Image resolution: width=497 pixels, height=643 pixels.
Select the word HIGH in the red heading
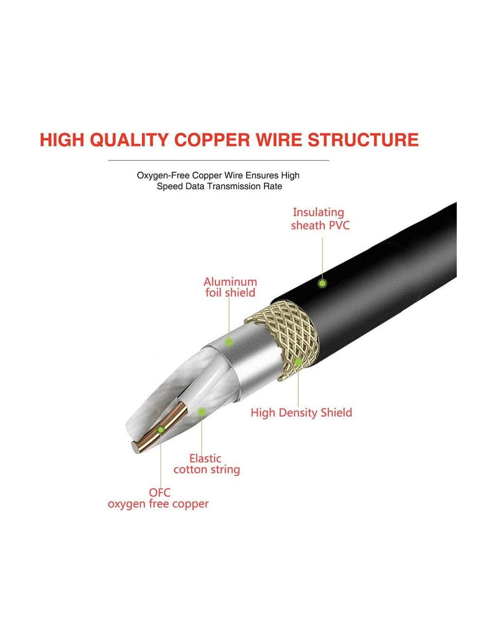pos(62,140)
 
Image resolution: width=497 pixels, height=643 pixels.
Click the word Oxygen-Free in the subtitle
pos(163,175)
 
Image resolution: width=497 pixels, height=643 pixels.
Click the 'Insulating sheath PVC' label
pos(320,219)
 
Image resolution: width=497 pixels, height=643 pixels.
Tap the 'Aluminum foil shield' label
pos(230,287)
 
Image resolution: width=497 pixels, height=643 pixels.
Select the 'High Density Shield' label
pos(301,412)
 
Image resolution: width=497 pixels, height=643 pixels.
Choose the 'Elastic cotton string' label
pos(206,464)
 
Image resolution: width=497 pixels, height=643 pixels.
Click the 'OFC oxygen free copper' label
pos(158,498)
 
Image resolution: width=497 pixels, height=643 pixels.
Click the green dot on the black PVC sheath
pos(322,284)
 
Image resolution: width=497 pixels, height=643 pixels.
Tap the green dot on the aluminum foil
pos(229,342)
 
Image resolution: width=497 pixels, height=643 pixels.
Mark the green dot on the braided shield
pos(298,361)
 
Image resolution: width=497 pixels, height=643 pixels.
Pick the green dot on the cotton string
pos(202,411)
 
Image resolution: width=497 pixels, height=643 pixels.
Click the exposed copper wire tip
pos(137,447)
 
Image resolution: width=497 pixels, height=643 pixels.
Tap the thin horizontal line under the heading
pos(219,161)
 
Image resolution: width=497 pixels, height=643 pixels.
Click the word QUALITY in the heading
pos(129,140)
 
